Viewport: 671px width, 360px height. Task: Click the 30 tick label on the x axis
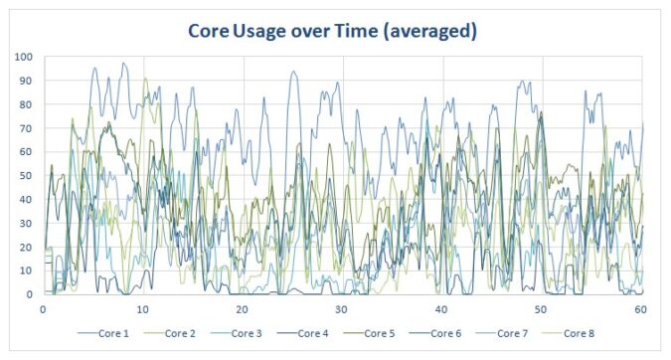(x=341, y=309)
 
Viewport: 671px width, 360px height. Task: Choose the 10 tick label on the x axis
(x=143, y=309)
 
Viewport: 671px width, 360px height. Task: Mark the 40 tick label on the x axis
(x=440, y=309)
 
